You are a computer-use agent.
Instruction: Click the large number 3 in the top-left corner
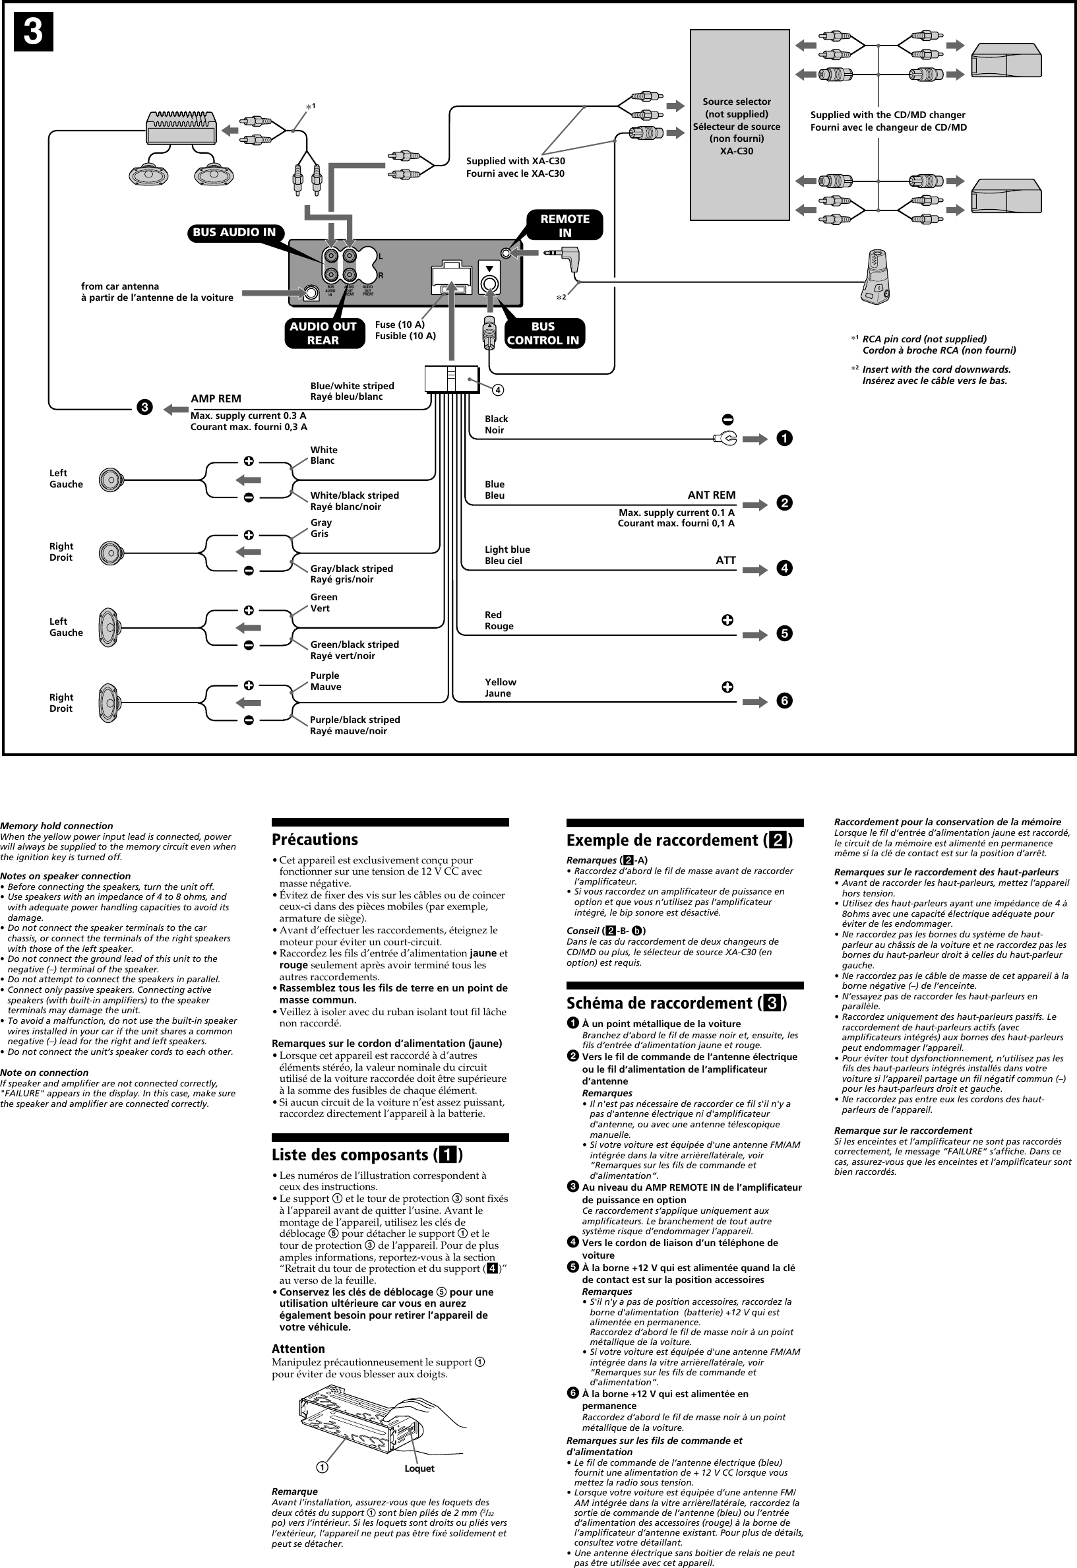coord(34,32)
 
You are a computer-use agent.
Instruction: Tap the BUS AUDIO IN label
coord(234,233)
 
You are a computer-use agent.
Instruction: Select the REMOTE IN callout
coord(565,226)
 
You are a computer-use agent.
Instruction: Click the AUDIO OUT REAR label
coord(323,333)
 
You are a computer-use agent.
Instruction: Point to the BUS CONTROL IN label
coord(543,333)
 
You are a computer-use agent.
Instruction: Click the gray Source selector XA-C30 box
coord(739,125)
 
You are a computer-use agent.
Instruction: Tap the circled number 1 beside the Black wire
coord(784,439)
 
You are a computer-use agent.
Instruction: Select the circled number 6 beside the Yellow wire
coord(784,701)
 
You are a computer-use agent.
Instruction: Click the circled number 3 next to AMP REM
coord(144,408)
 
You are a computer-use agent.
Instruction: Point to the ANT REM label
coord(711,495)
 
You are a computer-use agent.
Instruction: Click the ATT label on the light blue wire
coord(725,560)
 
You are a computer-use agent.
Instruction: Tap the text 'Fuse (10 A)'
coord(400,325)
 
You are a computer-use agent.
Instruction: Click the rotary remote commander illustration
coord(875,278)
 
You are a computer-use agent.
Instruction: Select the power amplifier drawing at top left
coord(181,127)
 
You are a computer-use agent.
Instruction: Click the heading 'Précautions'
coord(315,840)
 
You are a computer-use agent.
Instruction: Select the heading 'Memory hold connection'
coord(57,825)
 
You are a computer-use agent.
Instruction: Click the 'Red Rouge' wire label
coord(499,620)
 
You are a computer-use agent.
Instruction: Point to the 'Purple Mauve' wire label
coord(325,681)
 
